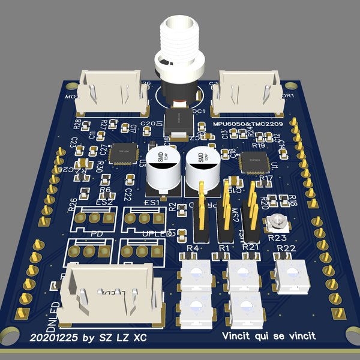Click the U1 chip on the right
pos(250,160)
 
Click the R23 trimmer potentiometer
pos(276,223)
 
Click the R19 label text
pos(259,146)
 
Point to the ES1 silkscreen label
pos(152,203)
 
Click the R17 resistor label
pos(266,178)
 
